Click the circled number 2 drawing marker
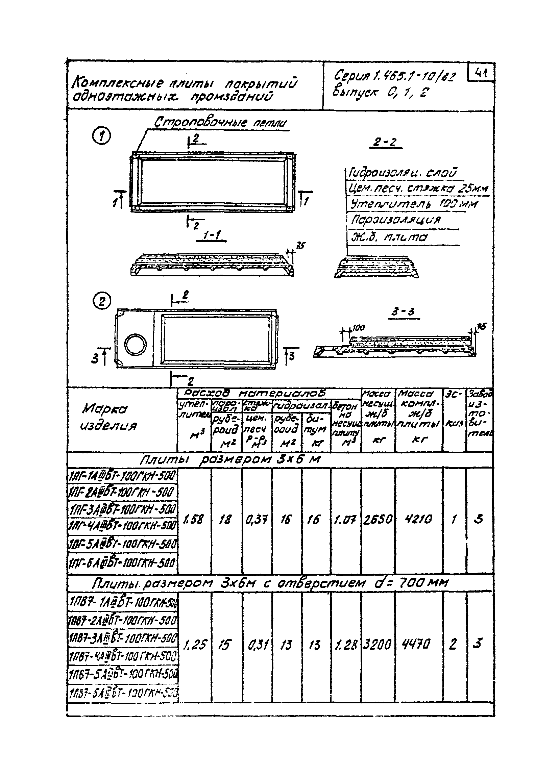point(102,302)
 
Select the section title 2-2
point(385,142)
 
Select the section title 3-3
point(404,312)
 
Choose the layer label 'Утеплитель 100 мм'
point(413,204)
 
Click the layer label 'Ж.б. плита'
point(388,237)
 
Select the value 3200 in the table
point(377,645)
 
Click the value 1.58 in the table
point(194,519)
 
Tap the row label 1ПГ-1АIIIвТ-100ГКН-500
point(122,476)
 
